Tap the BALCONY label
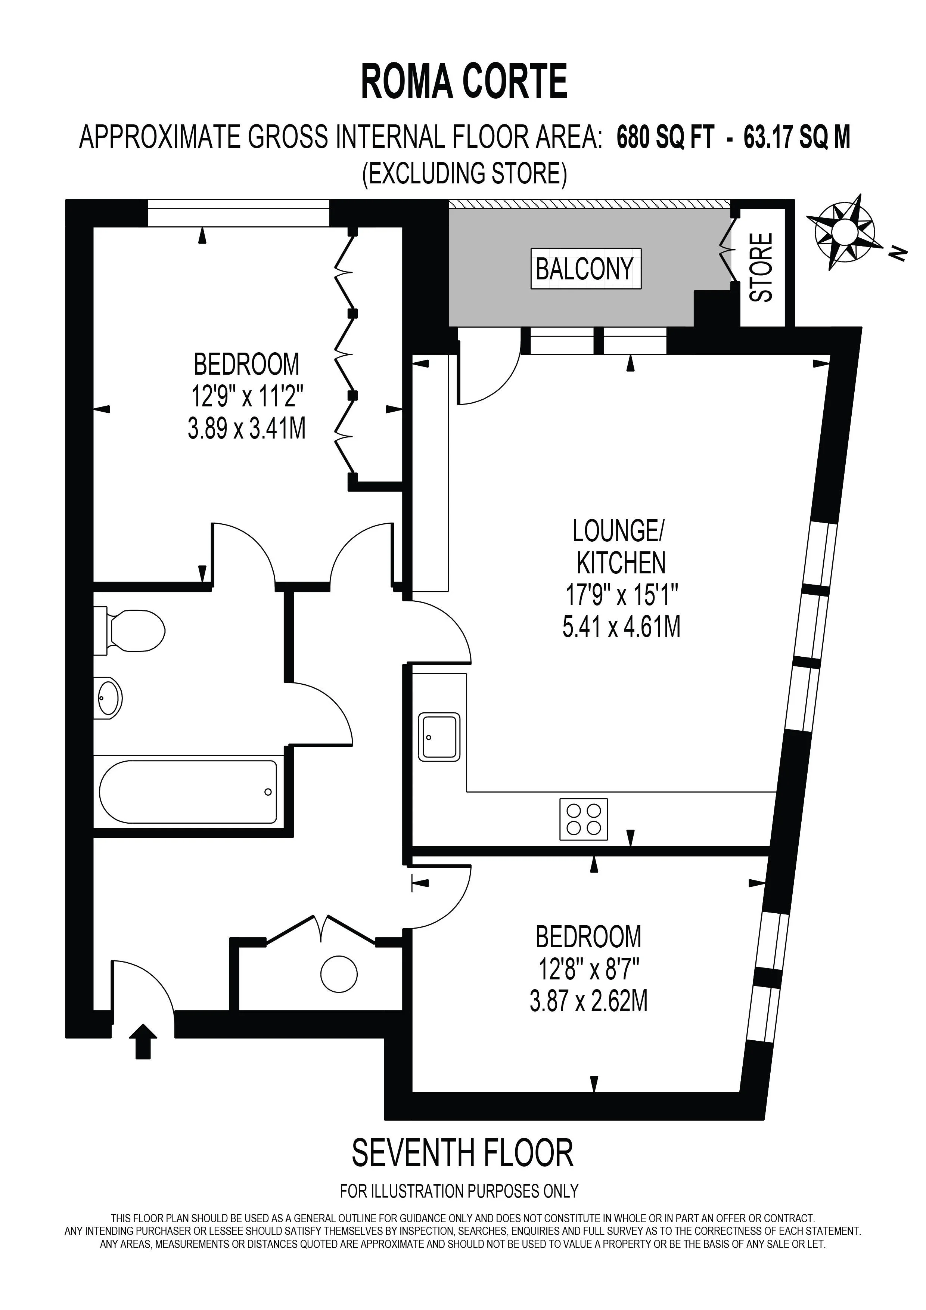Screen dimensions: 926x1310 coord(585,268)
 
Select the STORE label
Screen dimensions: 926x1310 coord(762,267)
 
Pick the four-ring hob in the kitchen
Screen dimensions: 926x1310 coord(584,819)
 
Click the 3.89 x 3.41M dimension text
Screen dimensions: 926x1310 coord(247,428)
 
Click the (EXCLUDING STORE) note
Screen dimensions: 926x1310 coord(465,173)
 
